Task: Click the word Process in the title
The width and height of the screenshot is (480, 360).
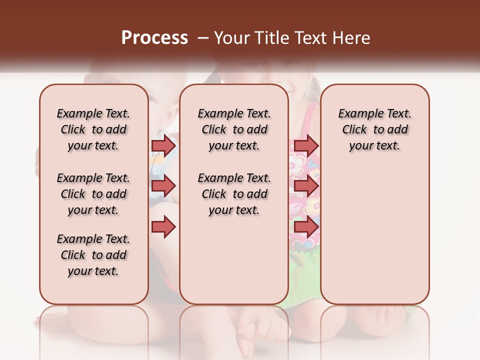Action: pyautogui.click(x=154, y=38)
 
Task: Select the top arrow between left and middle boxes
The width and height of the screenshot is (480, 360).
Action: pyautogui.click(x=163, y=145)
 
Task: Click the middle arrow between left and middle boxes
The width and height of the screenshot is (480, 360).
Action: pyautogui.click(x=163, y=186)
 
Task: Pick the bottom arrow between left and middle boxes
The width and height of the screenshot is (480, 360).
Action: pyautogui.click(x=163, y=227)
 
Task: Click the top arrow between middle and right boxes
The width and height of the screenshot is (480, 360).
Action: pyautogui.click(x=306, y=145)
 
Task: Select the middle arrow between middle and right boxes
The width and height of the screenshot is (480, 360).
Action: pyautogui.click(x=306, y=186)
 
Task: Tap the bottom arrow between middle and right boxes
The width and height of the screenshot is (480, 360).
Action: pyautogui.click(x=306, y=227)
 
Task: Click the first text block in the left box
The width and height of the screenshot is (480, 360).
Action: pyautogui.click(x=93, y=129)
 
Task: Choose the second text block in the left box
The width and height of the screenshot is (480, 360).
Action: pyautogui.click(x=93, y=194)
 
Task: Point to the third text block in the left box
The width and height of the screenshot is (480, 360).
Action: pyautogui.click(x=93, y=255)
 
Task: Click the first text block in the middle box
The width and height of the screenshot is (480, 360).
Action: pyautogui.click(x=234, y=129)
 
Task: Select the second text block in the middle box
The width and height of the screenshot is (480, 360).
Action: pyautogui.click(x=234, y=194)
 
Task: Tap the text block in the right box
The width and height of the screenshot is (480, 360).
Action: pyautogui.click(x=374, y=129)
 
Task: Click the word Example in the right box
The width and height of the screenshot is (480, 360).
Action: pyautogui.click(x=357, y=114)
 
